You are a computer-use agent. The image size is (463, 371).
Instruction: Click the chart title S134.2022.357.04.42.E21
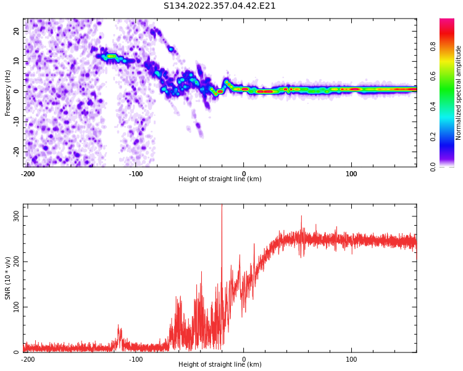[219, 6]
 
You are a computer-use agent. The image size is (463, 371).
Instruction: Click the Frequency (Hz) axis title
[8, 93]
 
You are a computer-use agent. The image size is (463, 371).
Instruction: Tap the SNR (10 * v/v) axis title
[8, 278]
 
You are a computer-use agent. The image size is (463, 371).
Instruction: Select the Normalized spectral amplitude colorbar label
[459, 93]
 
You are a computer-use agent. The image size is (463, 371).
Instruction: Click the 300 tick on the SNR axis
[15, 215]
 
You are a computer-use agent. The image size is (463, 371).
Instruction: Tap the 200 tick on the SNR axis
[15, 261]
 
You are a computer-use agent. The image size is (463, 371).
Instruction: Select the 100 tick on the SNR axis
[15, 307]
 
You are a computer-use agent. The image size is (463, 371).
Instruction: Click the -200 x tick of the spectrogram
[28, 174]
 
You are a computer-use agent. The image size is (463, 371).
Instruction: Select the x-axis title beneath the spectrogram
[220, 179]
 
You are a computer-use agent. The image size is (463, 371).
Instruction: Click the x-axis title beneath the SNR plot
[220, 365]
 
